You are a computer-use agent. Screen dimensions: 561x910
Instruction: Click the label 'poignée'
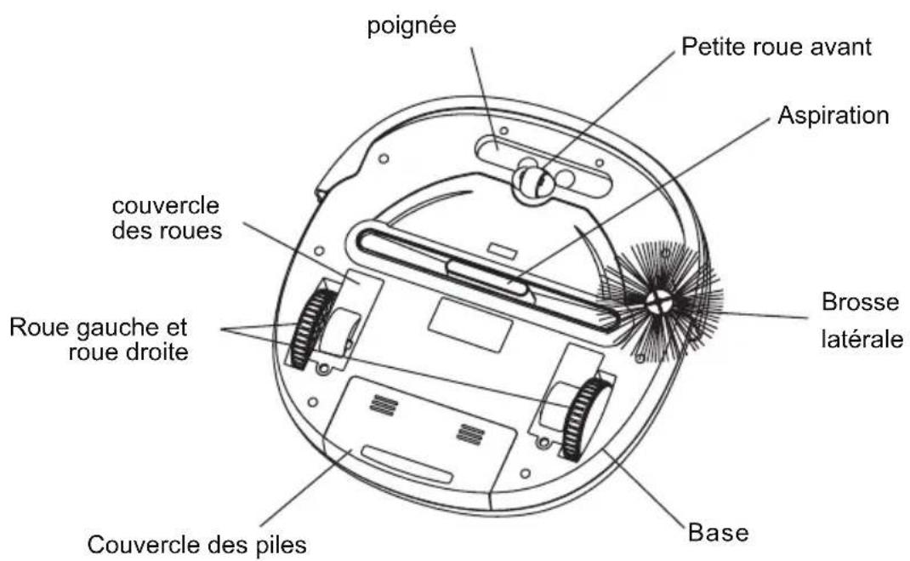pyautogui.click(x=412, y=26)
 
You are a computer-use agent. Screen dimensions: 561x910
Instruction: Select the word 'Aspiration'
pyautogui.click(x=833, y=115)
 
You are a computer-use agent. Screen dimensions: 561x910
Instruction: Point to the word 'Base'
pyautogui.click(x=718, y=533)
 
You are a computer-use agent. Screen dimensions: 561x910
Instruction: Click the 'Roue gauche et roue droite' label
pyautogui.click(x=100, y=339)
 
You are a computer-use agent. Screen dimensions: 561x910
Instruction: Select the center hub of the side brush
pyautogui.click(x=659, y=302)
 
